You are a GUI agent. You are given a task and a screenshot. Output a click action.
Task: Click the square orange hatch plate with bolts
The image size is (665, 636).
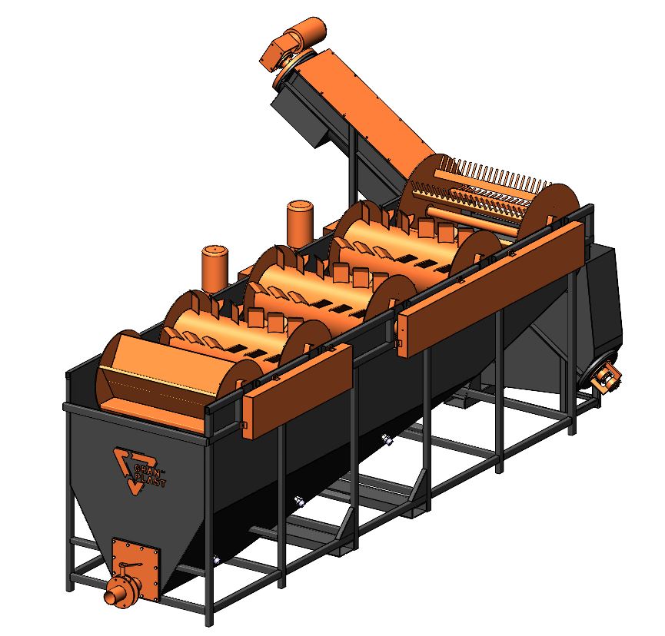(x=137, y=565)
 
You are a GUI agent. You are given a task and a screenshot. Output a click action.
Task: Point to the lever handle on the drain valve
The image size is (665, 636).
(x=129, y=565)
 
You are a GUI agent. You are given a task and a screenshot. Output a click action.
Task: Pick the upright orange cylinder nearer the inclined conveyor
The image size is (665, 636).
(x=301, y=224)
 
